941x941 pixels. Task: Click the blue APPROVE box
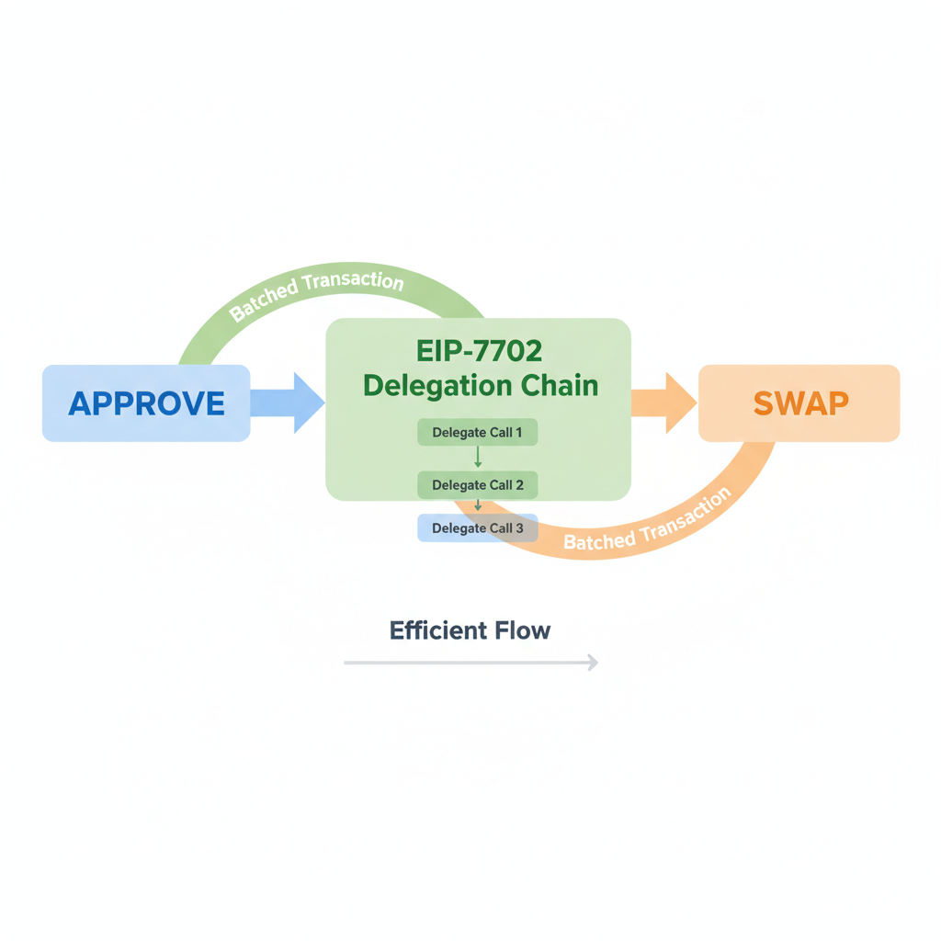(x=146, y=402)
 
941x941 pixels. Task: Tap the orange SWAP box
(x=799, y=402)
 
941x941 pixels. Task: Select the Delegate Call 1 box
(x=477, y=432)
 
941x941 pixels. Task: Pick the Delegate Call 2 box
(x=477, y=484)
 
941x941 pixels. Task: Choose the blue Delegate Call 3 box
(x=477, y=528)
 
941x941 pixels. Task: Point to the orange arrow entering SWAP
(x=663, y=402)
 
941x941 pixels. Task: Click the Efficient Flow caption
(x=470, y=630)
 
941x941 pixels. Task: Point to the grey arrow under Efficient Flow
(x=470, y=662)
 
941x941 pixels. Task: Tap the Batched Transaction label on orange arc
(x=647, y=520)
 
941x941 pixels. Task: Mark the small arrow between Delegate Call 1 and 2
(x=478, y=458)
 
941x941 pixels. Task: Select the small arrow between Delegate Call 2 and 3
(x=478, y=505)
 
